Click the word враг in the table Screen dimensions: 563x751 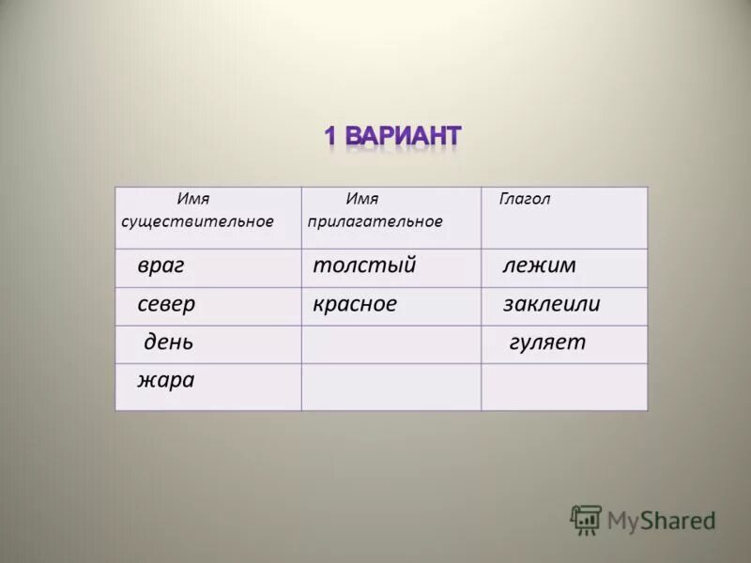pyautogui.click(x=161, y=266)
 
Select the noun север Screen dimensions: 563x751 pyautogui.click(x=166, y=305)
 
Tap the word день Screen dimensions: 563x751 pyautogui.click(x=169, y=342)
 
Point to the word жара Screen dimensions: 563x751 pyautogui.click(x=166, y=380)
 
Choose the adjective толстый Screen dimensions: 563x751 pyautogui.click(x=364, y=266)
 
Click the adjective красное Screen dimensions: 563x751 pyautogui.click(x=355, y=305)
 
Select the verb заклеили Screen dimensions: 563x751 pyautogui.click(x=551, y=305)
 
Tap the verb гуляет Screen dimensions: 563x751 pyautogui.click(x=546, y=342)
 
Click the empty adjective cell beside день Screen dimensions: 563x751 pyautogui.click(x=391, y=344)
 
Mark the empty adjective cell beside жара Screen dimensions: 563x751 pyautogui.click(x=391, y=387)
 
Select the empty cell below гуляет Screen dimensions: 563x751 pyautogui.click(x=564, y=387)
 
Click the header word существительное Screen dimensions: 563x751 pyautogui.click(x=198, y=221)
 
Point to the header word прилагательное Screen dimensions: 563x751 pyautogui.click(x=375, y=221)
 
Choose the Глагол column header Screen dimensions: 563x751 pyautogui.click(x=525, y=199)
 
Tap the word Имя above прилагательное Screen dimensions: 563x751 pyautogui.click(x=361, y=199)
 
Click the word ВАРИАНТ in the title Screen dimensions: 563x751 pyautogui.click(x=403, y=137)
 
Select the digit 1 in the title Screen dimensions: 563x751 pyautogui.click(x=330, y=137)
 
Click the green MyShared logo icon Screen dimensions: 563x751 pyautogui.click(x=586, y=520)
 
